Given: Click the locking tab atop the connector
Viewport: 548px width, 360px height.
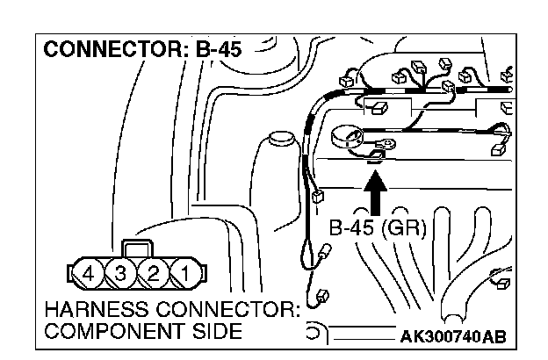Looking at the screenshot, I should point(137,248).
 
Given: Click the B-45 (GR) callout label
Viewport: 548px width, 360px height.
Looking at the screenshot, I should point(377,230).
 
